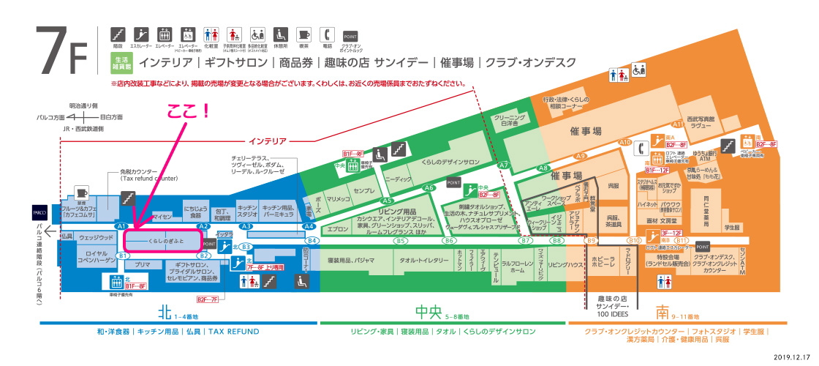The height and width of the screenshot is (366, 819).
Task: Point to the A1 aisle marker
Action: click(122, 226)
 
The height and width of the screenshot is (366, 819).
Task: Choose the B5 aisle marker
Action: click(401, 240)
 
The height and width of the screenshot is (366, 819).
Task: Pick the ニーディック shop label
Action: click(399, 178)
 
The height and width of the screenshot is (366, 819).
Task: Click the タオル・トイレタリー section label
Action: click(424, 261)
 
